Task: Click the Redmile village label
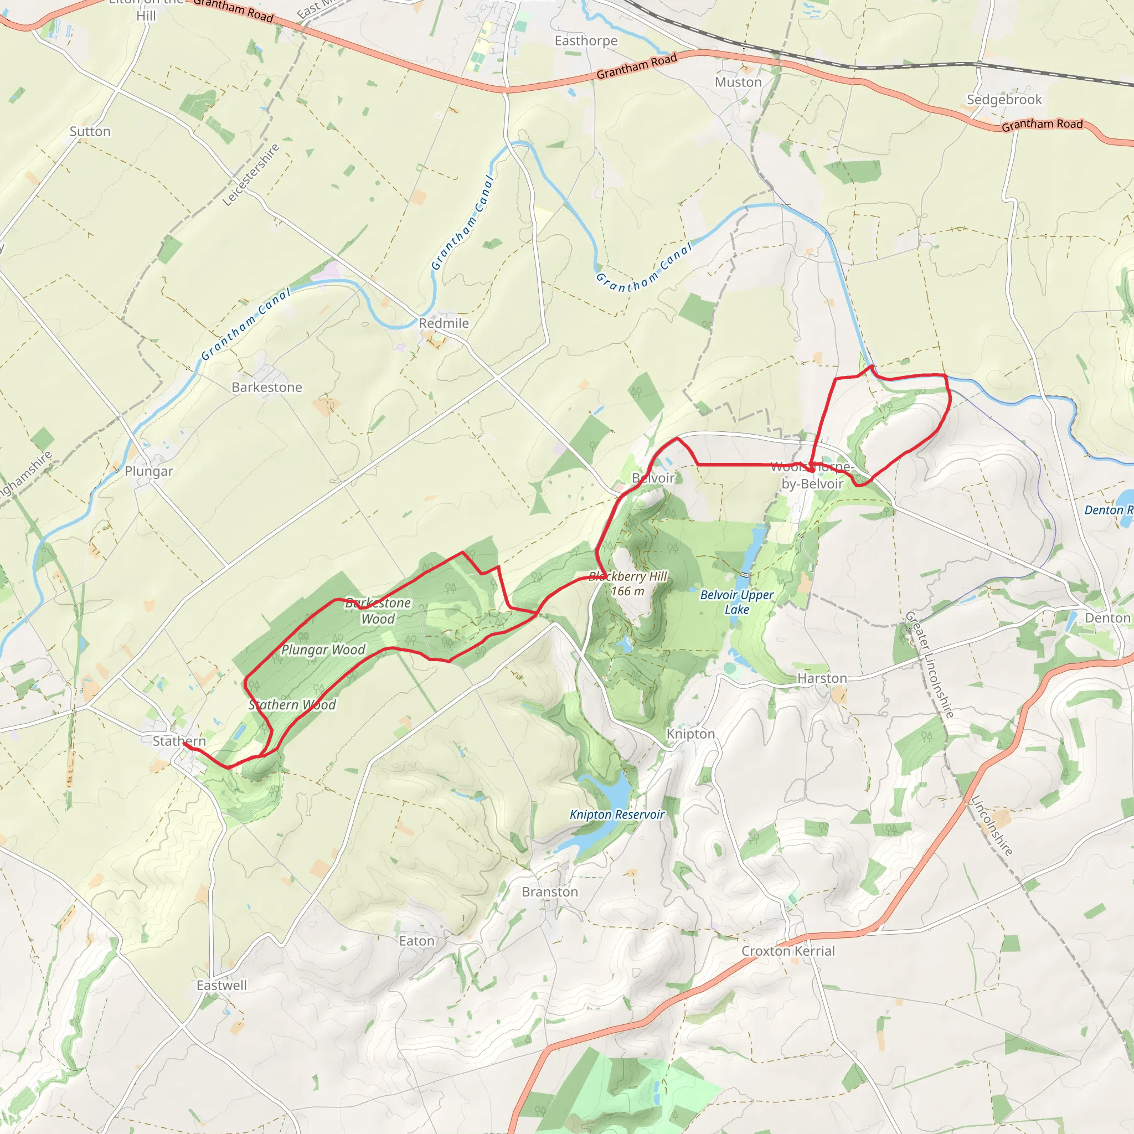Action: [444, 323]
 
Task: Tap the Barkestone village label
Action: [266, 388]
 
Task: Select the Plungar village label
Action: [148, 471]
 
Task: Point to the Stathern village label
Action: [179, 741]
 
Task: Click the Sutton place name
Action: [90, 131]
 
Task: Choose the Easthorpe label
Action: [586, 41]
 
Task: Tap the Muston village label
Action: [738, 83]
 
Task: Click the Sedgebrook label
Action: [1004, 100]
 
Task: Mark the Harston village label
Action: [822, 678]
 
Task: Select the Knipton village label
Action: [690, 734]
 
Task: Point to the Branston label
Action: [549, 892]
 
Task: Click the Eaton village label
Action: [417, 941]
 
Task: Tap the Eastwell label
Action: [221, 986]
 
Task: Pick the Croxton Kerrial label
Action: [788, 951]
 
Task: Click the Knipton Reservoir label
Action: [617, 815]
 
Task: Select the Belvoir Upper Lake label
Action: [736, 602]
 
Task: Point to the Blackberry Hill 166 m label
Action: [627, 584]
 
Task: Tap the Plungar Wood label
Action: [323, 650]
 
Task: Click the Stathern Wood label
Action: [292, 705]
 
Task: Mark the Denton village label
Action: [1107, 618]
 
